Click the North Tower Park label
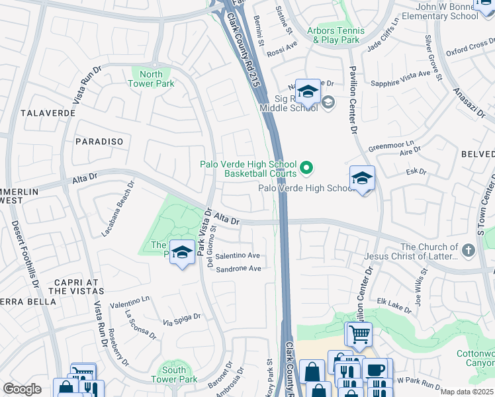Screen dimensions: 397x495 152,79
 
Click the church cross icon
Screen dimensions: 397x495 469,250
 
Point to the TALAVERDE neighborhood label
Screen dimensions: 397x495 48,113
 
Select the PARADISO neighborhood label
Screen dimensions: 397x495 99,142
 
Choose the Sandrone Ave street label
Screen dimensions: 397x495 239,269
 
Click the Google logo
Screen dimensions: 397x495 22,389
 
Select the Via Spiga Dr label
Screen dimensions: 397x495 182,320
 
